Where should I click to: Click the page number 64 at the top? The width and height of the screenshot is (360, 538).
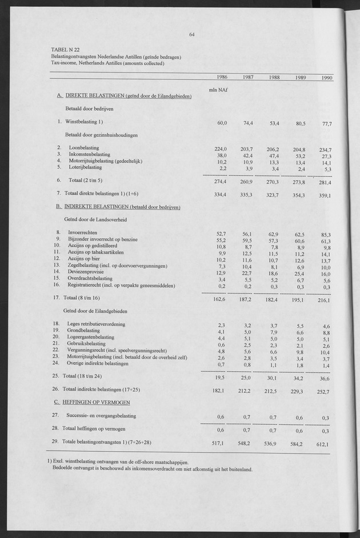pyautogui.click(x=192, y=34)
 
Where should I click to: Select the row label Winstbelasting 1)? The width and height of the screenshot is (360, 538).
pyautogui.click(x=84, y=121)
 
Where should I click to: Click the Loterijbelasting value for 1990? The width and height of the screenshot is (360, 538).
pyautogui.click(x=327, y=169)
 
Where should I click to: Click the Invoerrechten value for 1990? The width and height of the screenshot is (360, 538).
pyautogui.click(x=326, y=235)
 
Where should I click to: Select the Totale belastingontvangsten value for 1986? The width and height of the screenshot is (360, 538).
pyautogui.click(x=219, y=443)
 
